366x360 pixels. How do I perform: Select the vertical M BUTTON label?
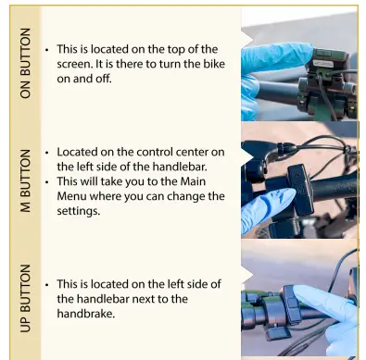pos(25,186)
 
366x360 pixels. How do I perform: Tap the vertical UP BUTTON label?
pos(25,299)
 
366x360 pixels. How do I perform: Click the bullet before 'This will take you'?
pos(46,181)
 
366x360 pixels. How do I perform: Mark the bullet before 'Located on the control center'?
pos(46,151)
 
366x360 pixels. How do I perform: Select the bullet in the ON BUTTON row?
pos(46,49)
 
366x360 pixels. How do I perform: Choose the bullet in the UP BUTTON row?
pos(46,284)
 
